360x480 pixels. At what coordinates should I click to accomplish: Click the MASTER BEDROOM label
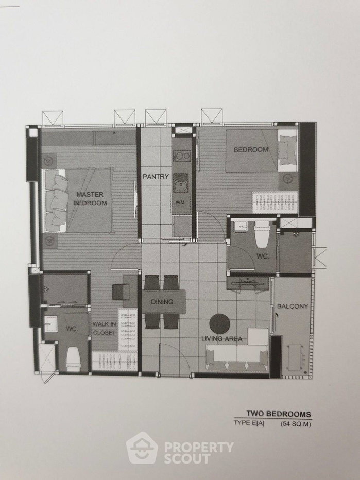[90, 198]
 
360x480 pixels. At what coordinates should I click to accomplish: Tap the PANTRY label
[156, 176]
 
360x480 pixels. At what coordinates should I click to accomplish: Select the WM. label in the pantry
[180, 202]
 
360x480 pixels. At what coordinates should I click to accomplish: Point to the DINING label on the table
[162, 302]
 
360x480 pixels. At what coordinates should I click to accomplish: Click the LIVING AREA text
[221, 338]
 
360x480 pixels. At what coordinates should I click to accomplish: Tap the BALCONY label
[293, 306]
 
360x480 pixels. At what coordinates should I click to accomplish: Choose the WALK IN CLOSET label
[104, 328]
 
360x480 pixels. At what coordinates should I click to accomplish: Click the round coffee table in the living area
[220, 323]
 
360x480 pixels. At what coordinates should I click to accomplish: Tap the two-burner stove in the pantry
[181, 156]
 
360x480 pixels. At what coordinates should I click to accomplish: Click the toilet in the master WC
[73, 359]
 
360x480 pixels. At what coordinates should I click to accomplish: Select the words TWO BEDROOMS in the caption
[279, 414]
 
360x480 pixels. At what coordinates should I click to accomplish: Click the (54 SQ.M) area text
[296, 424]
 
